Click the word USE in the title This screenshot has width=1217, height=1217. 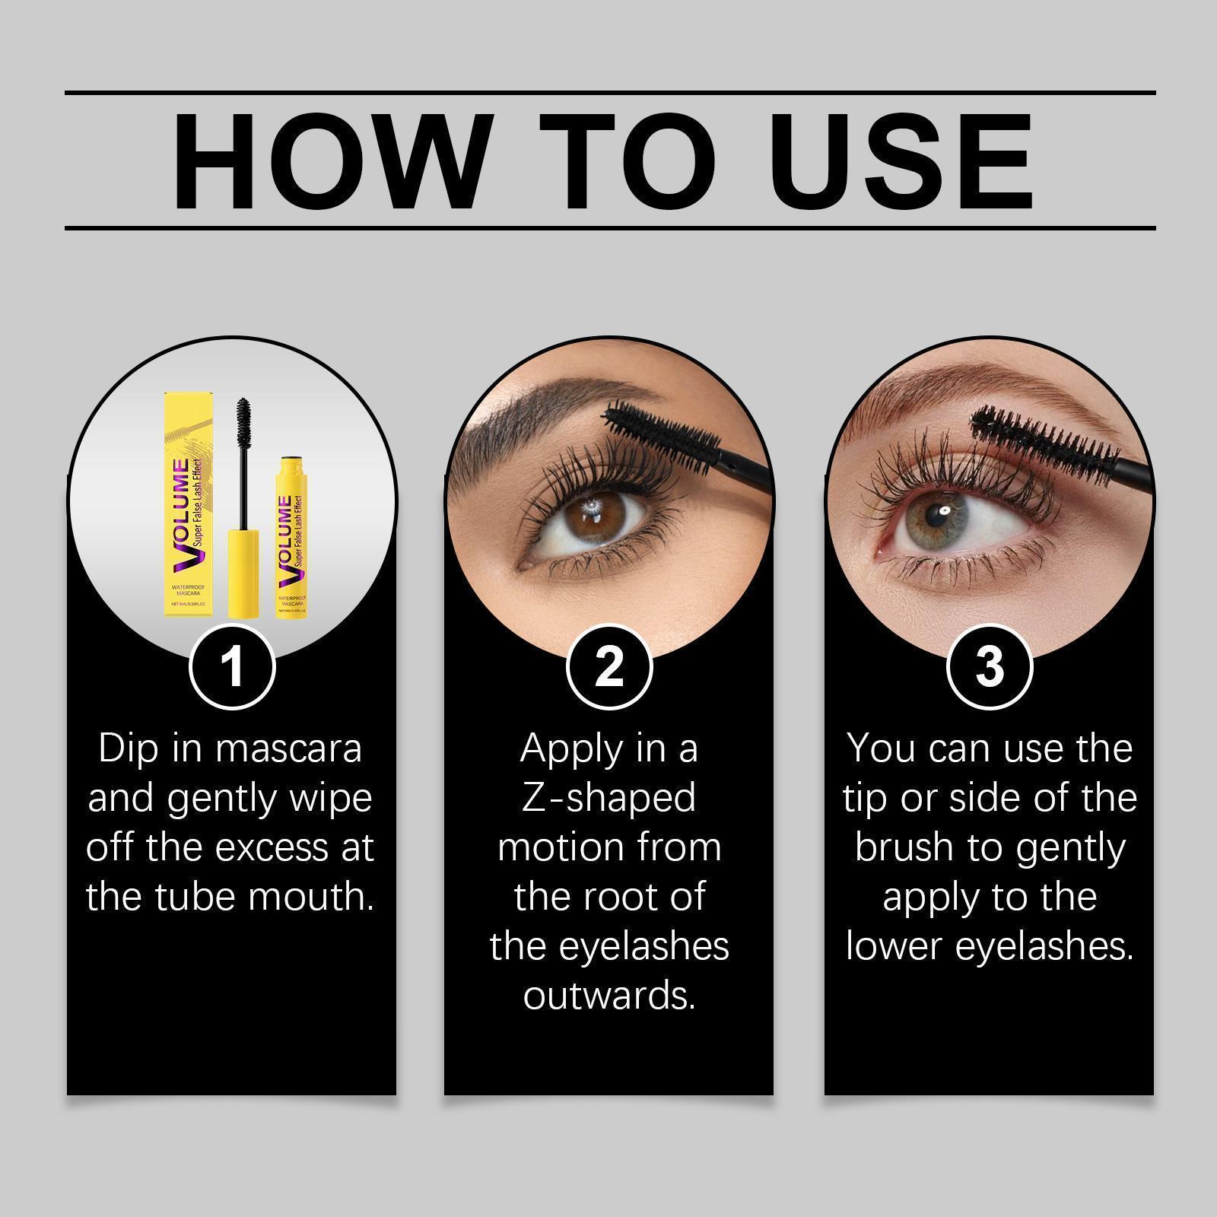point(905,161)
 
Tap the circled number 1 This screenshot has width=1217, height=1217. point(231,666)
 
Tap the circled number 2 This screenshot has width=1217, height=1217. point(608,666)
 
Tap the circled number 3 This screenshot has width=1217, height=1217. point(989,666)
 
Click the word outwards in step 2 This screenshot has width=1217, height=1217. point(608,996)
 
